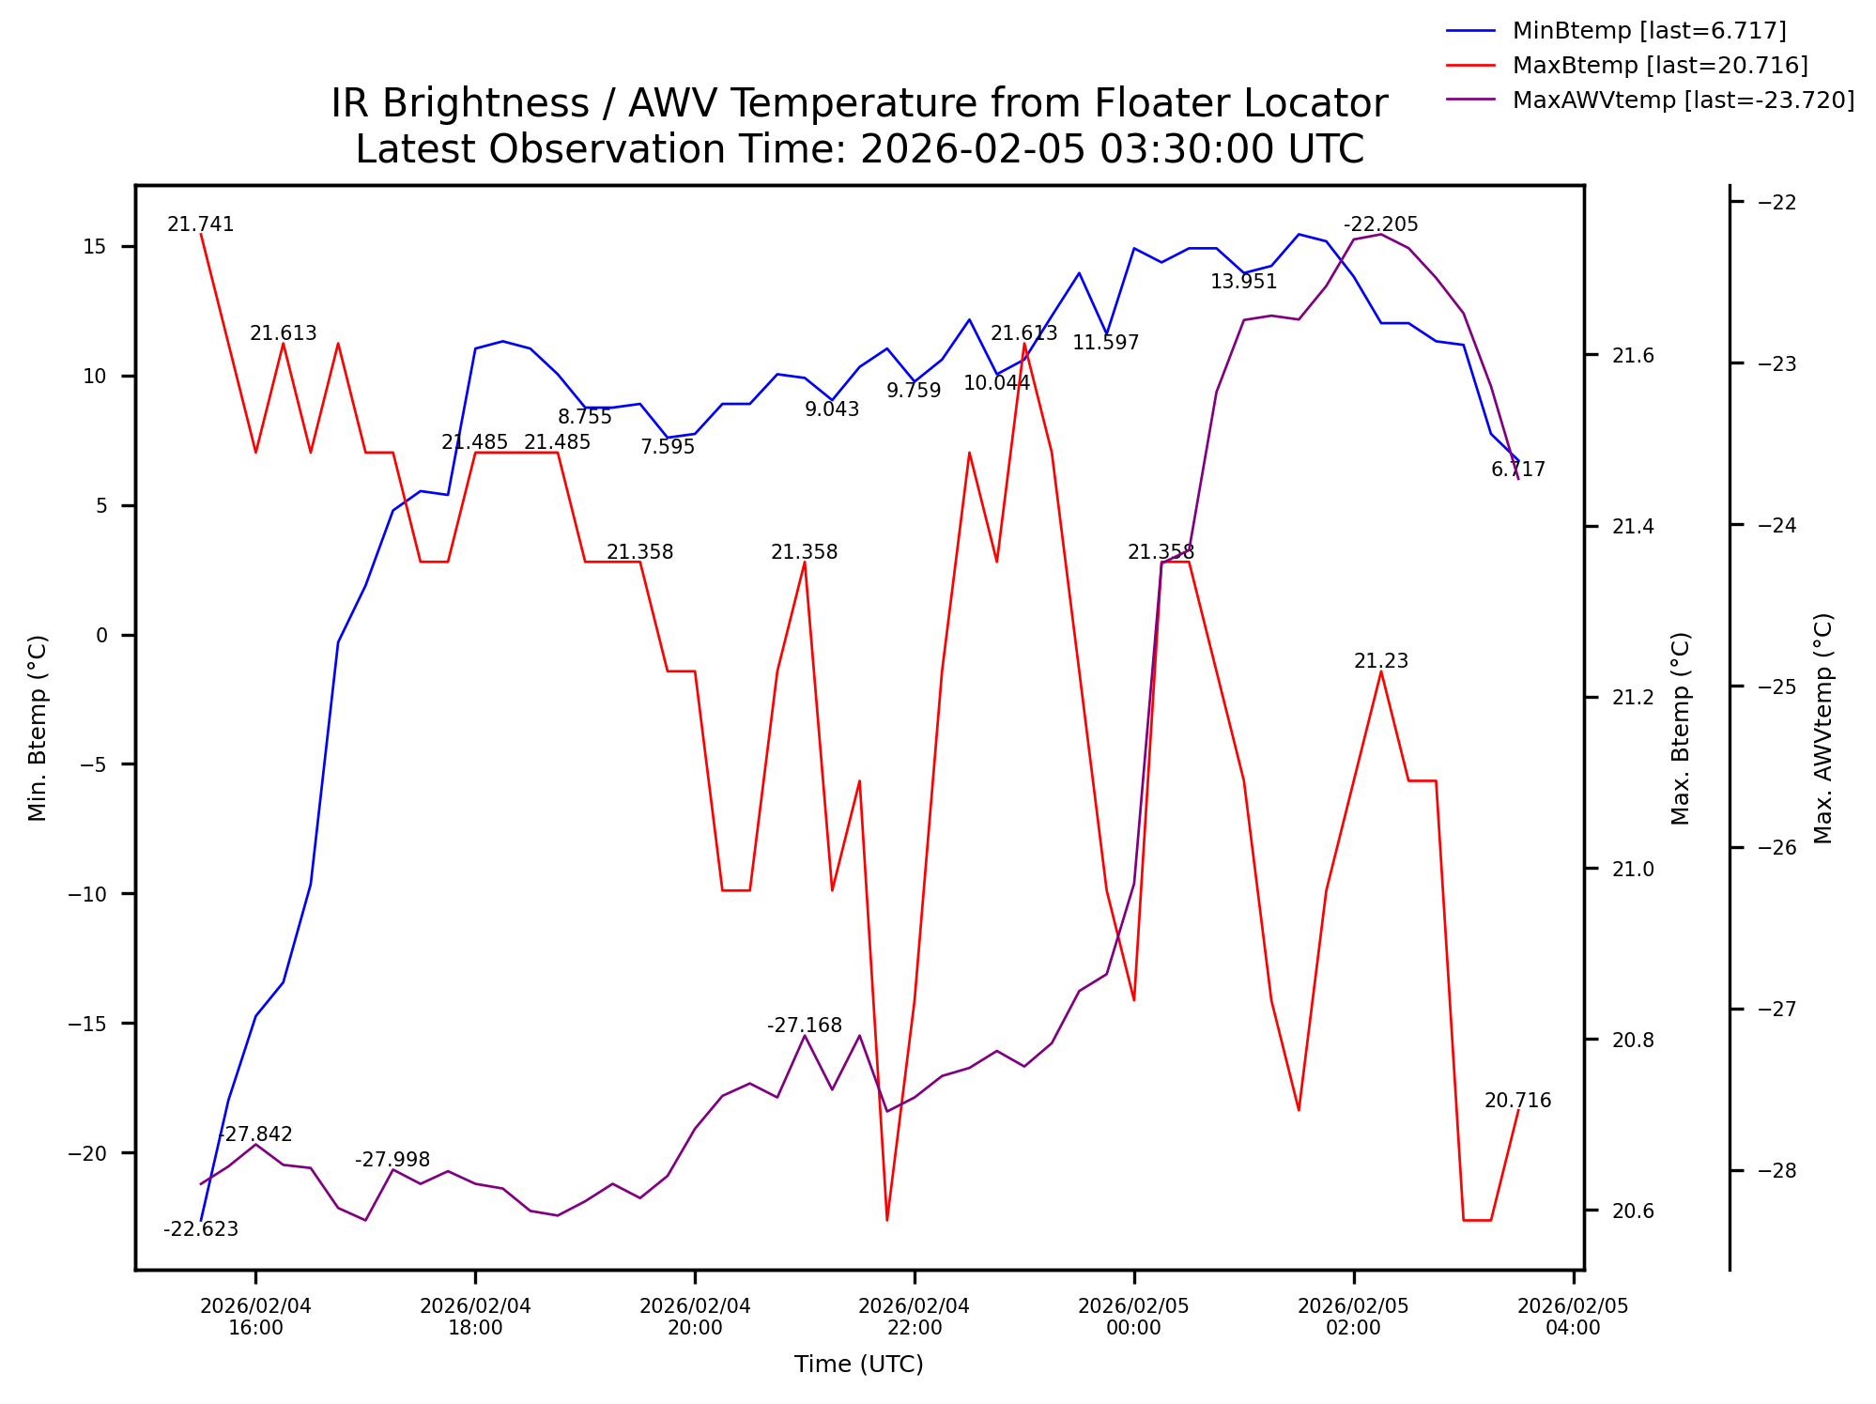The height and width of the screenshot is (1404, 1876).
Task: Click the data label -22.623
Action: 201,1230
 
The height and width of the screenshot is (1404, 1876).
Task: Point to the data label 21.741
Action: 201,225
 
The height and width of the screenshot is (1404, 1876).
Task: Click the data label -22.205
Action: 1380,225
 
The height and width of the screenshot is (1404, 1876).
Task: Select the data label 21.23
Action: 1380,662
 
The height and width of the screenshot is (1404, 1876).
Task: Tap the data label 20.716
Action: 1517,1102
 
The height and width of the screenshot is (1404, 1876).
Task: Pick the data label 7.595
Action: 668,448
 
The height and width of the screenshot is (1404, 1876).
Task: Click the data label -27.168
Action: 805,1026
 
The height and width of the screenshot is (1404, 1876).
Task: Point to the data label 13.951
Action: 1243,283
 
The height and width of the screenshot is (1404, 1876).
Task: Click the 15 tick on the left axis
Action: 95,247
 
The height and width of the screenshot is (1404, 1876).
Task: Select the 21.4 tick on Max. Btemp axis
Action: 1633,527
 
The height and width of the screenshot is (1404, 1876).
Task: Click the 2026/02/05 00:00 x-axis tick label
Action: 1133,1317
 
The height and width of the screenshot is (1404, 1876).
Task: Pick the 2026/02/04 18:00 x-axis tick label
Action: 475,1317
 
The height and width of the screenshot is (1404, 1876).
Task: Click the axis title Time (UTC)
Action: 858,1365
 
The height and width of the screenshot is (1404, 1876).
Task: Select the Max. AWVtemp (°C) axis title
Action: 1822,728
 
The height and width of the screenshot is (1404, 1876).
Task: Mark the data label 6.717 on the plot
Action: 1517,471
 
